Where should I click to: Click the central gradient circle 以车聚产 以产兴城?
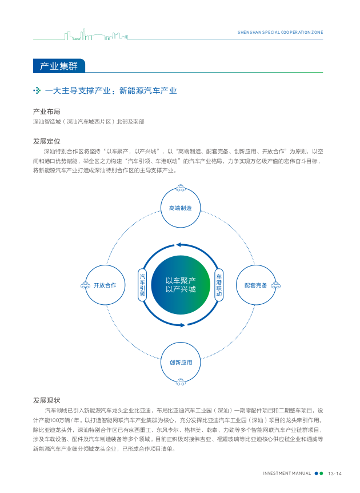(181, 285)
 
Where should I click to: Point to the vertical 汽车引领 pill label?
(142, 285)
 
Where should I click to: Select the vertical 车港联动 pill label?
(219, 285)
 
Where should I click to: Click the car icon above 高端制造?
(181, 188)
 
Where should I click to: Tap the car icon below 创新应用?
(181, 382)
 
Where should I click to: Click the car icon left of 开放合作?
(86, 285)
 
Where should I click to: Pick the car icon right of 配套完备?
(275, 285)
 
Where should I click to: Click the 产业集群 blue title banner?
(59, 66)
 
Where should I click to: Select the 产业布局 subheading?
(46, 112)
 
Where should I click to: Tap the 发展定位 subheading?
(46, 141)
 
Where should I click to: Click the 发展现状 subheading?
(46, 400)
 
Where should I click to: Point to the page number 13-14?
(334, 474)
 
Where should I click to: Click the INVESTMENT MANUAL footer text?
(287, 473)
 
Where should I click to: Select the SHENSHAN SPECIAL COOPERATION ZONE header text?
(280, 32)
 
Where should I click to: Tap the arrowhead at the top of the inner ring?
(178, 245)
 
